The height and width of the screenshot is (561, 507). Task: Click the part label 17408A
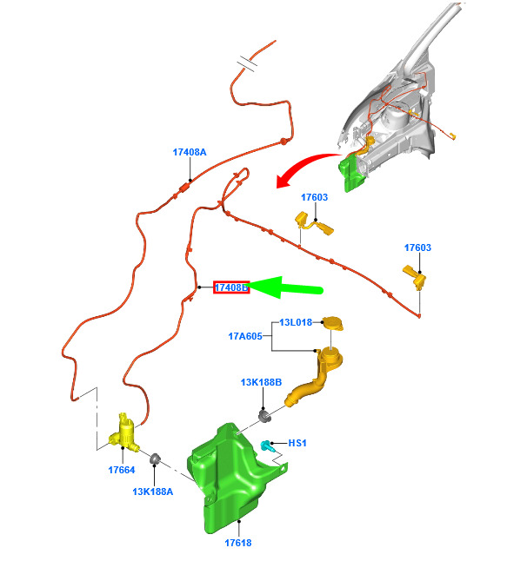[190, 152]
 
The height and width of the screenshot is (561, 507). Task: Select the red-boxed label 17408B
[231, 287]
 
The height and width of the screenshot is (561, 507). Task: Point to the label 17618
[238, 543]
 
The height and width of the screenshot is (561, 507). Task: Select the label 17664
[122, 470]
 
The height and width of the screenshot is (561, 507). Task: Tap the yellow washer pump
[124, 433]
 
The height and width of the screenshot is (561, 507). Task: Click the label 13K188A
[153, 492]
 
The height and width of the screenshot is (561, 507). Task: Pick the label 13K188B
[261, 382]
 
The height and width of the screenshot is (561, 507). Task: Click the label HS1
[297, 443]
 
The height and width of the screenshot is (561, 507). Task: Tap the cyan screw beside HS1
[266, 445]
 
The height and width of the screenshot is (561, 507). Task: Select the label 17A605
[245, 336]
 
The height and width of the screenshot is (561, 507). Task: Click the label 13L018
[296, 322]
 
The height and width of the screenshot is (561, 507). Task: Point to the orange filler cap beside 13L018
[333, 323]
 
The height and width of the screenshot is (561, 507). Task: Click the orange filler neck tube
[317, 380]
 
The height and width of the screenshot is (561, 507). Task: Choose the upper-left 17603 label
[314, 197]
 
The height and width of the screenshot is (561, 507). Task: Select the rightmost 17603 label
[417, 247]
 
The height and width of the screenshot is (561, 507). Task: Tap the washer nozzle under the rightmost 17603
[415, 276]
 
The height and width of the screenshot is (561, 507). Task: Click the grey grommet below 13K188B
[264, 416]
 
